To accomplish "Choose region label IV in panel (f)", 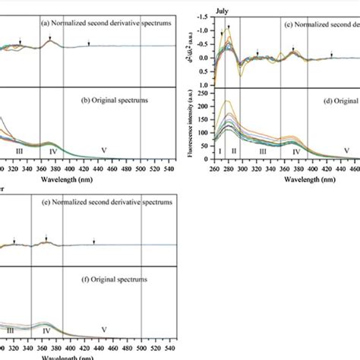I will coord(46,331).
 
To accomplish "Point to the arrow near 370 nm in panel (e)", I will coord(46,238).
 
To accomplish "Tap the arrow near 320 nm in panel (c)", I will coord(257,53).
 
